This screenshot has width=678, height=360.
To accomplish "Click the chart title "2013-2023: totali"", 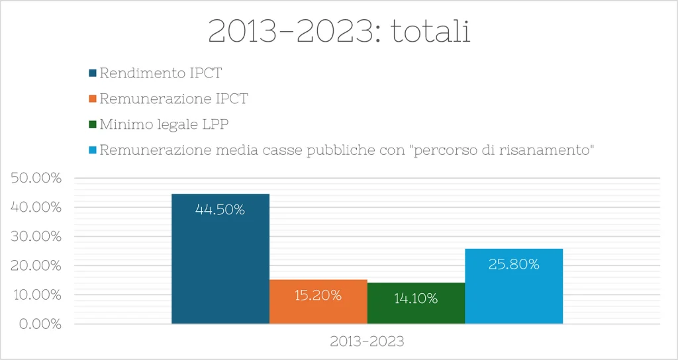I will click(339, 31).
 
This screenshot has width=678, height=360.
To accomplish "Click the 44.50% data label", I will click(220, 210).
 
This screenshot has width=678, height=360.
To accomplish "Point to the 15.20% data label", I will click(318, 295).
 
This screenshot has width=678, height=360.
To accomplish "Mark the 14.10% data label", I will click(416, 298).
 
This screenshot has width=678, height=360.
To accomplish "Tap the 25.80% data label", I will click(514, 265).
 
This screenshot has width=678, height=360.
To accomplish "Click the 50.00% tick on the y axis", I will click(37, 179).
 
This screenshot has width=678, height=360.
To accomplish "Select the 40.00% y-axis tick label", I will click(37, 208).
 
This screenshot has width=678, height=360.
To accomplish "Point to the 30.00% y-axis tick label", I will click(37, 237).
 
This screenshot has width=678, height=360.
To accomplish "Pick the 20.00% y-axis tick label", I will click(37, 266).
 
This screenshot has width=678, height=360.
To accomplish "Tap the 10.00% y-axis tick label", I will click(37, 294).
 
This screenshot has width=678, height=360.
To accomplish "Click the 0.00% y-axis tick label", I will click(40, 324).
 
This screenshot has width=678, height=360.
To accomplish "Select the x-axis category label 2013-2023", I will click(367, 342).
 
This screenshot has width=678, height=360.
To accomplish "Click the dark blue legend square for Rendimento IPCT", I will click(93, 73).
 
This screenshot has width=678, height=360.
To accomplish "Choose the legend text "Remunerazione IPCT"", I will click(173, 99).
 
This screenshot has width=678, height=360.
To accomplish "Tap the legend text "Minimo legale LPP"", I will click(164, 124).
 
